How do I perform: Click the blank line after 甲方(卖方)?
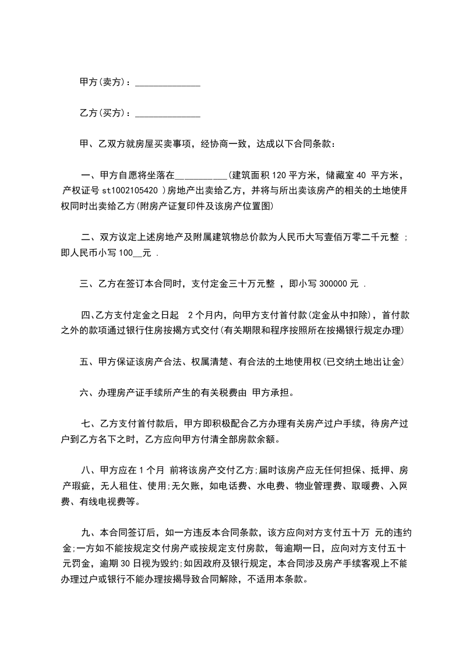(x=167, y=84)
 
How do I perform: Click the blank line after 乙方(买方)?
(x=167, y=112)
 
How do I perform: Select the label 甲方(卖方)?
(x=102, y=82)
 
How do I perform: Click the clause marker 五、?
(x=87, y=362)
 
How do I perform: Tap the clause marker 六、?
(x=87, y=393)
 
